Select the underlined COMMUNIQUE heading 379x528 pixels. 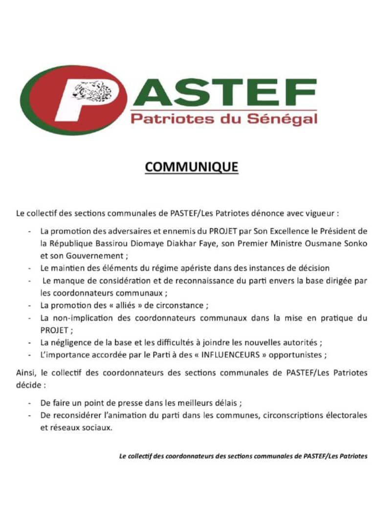[192, 167]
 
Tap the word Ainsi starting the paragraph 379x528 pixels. [25, 373]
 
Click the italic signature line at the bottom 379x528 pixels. [243, 456]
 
